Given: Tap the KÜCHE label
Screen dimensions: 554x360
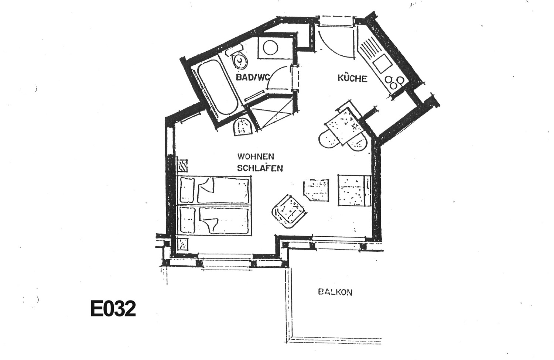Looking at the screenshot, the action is [352, 78].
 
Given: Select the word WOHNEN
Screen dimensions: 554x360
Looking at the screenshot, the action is [256, 157].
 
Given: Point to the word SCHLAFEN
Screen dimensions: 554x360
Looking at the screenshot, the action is [260, 168].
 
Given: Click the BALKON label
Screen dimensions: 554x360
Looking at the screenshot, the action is [335, 292].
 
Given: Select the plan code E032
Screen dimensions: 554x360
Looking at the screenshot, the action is [113, 308].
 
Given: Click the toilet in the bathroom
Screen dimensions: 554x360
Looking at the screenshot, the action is [237, 58].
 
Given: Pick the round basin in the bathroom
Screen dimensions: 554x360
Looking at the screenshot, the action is [270, 48].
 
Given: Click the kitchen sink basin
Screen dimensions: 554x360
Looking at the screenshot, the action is [383, 64].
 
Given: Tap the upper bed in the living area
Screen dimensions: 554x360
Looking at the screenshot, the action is [213, 190].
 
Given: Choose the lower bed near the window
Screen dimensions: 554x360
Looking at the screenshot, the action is [213, 220].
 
